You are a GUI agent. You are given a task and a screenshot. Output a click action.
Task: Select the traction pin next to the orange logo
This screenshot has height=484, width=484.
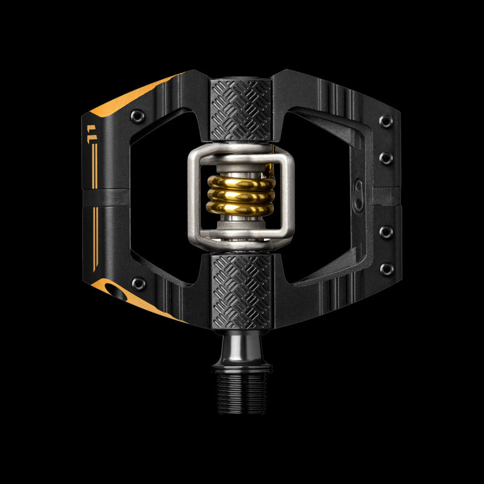(138, 284)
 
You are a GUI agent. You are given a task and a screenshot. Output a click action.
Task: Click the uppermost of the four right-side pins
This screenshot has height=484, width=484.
(387, 121)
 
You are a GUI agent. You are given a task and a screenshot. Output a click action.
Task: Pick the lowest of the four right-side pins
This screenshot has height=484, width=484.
(387, 269)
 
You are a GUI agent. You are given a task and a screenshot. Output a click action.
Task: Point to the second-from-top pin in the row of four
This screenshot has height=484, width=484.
(387, 158)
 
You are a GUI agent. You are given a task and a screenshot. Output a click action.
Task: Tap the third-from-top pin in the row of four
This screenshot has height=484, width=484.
(387, 232)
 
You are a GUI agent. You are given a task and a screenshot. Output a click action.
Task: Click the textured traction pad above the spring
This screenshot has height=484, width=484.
(241, 110)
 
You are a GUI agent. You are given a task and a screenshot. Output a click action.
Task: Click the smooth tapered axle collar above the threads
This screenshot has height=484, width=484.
(241, 349)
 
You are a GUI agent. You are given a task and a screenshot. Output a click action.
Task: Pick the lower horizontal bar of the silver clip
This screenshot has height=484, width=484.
(241, 241)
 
